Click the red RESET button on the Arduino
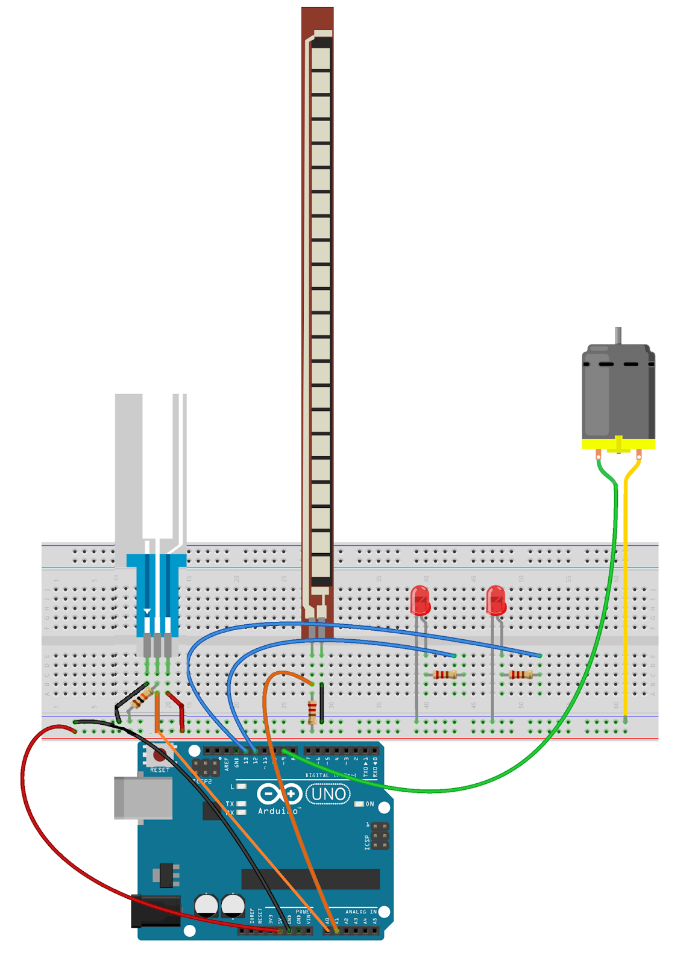tap(159, 756)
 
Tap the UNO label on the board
tap(329, 794)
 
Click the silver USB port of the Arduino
tap(143, 798)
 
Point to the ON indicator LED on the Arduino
tap(359, 804)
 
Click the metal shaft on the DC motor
tap(618, 335)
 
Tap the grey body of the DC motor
tap(618, 395)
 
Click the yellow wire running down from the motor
tap(626, 602)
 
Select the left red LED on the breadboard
tap(420, 600)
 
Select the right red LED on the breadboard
tap(495, 600)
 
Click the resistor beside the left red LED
tap(445, 675)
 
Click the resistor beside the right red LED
tap(521, 675)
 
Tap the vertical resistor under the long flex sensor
tap(312, 712)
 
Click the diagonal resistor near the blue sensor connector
tap(142, 699)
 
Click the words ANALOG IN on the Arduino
tap(360, 912)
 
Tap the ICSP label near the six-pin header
tap(367, 842)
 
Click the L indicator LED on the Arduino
tap(242, 786)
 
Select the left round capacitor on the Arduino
tap(206, 906)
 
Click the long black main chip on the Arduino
tap(310, 878)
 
